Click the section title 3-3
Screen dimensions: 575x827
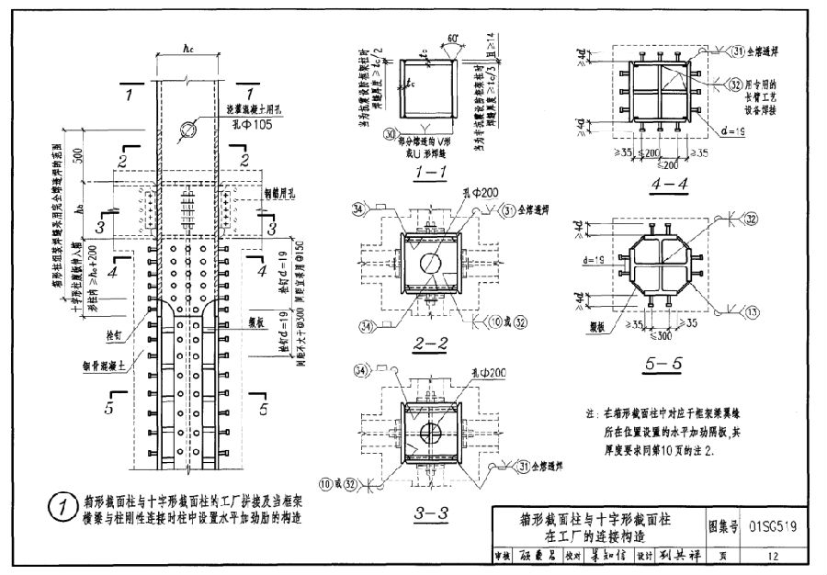tap(430, 513)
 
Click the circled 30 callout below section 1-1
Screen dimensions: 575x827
tap(390, 133)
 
